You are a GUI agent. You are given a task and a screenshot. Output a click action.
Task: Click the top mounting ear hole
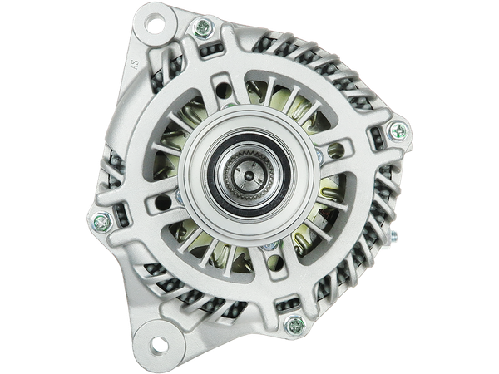coord(155,24)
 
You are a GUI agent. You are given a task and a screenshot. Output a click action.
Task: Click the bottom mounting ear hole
coord(159,345)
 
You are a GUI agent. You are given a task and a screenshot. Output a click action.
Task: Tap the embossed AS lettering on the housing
coord(136,65)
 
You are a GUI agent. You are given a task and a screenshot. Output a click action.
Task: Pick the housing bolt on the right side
coord(398,131)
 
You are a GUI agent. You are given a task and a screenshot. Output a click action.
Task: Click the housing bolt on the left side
coord(101,221)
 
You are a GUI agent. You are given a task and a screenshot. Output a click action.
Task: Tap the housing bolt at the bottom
coord(294,325)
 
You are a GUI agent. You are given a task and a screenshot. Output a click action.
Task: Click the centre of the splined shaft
coord(249,175)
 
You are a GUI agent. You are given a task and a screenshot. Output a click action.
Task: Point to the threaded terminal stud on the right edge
coord(394,234)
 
